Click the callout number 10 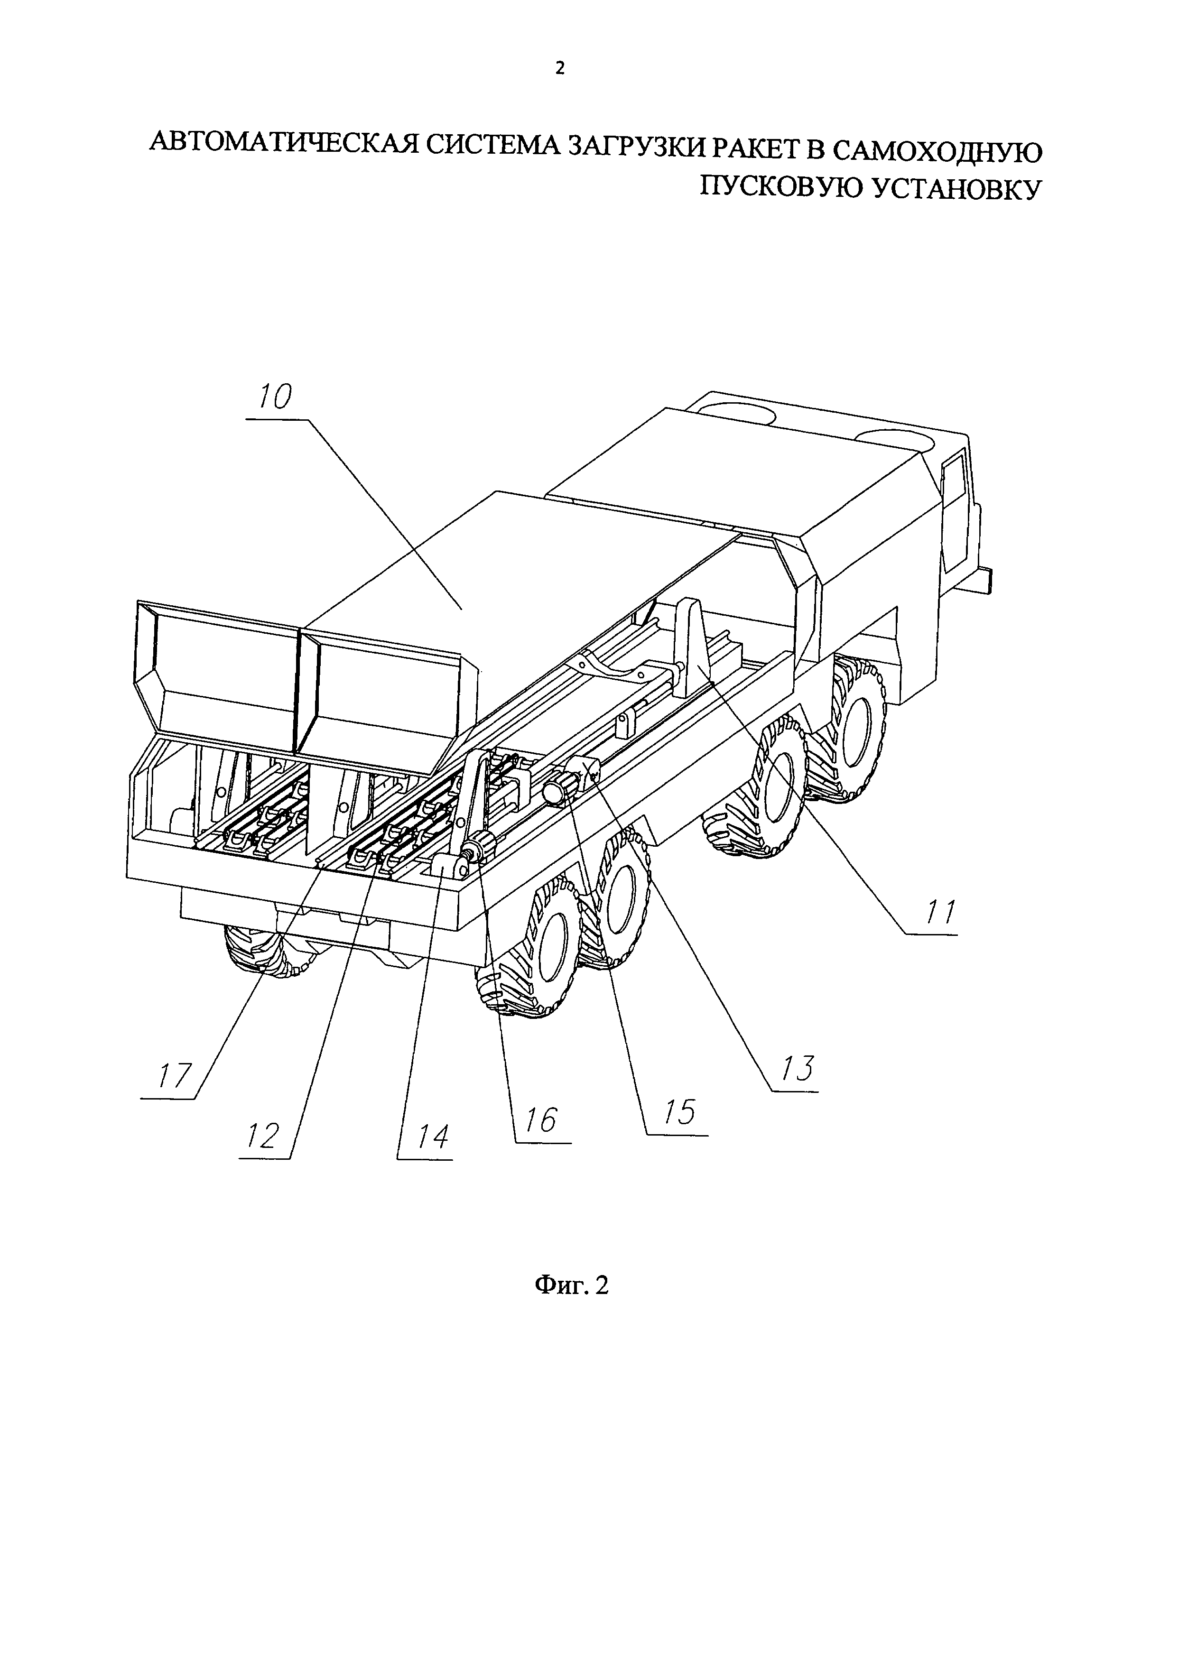[273, 398]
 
